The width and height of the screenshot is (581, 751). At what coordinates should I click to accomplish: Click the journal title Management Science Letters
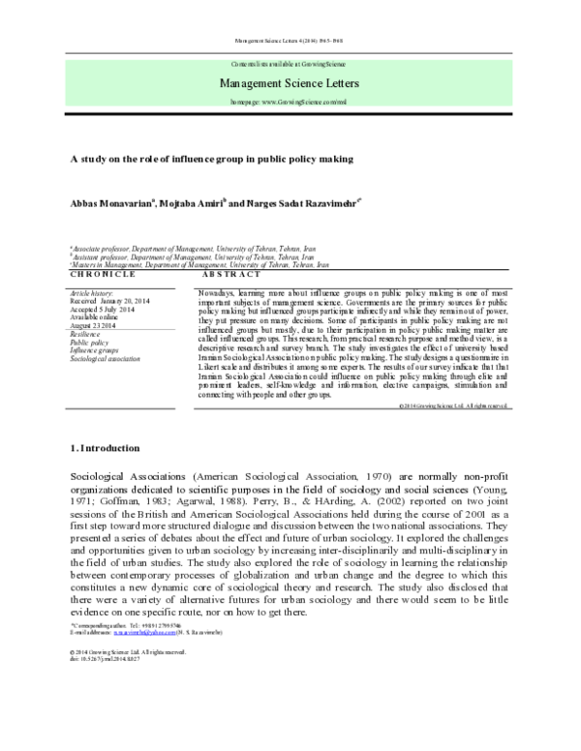coord(290,82)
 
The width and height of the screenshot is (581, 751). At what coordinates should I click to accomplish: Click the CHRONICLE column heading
coord(102,274)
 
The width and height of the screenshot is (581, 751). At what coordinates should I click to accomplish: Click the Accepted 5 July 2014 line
coord(104,309)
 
